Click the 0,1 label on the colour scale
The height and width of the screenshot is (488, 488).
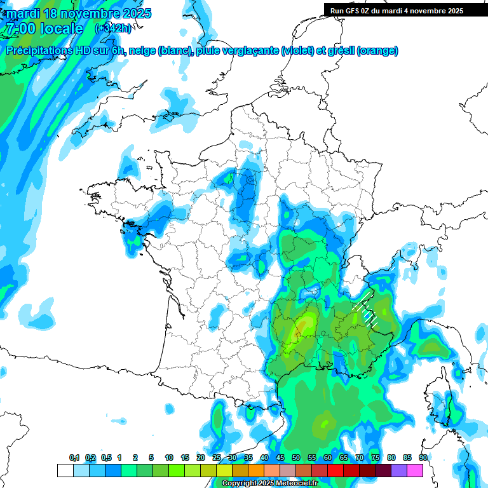coord(74,458)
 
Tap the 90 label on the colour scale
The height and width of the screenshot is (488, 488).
coord(423,458)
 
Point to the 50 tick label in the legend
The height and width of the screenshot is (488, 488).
coord(296,458)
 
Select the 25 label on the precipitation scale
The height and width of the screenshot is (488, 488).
coord(217,458)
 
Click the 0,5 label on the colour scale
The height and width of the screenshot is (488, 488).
coord(106,458)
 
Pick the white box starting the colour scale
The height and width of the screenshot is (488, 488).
coord(65,470)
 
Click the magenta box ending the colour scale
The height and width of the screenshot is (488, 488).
coord(415,470)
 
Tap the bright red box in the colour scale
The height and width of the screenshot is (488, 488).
coord(335,470)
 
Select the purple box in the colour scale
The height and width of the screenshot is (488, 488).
coord(399,470)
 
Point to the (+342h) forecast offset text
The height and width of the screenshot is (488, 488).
coord(112,29)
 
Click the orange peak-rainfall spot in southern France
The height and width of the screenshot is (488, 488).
coord(297,332)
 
